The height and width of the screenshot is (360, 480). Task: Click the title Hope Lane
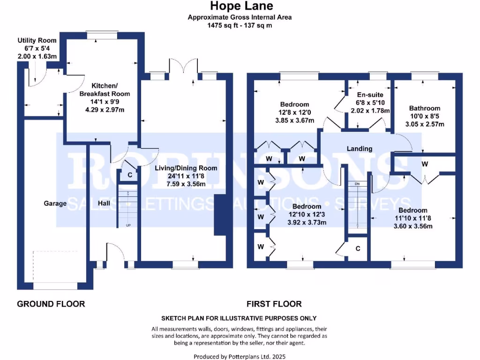click(x=240, y=6)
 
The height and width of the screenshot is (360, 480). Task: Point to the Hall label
click(x=104, y=203)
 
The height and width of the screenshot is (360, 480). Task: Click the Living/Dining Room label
click(x=186, y=168)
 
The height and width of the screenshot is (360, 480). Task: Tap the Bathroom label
click(x=424, y=108)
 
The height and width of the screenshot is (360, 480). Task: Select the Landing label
click(x=359, y=149)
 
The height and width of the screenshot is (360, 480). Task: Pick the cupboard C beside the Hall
click(x=130, y=175)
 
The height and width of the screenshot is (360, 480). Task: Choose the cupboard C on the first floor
click(x=358, y=248)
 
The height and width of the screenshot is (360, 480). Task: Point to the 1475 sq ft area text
click(x=240, y=25)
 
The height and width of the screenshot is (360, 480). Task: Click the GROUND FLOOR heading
click(x=51, y=304)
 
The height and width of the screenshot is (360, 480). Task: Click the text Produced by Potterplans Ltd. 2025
click(x=239, y=356)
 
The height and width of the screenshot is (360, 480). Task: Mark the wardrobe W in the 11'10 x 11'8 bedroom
click(x=424, y=164)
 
